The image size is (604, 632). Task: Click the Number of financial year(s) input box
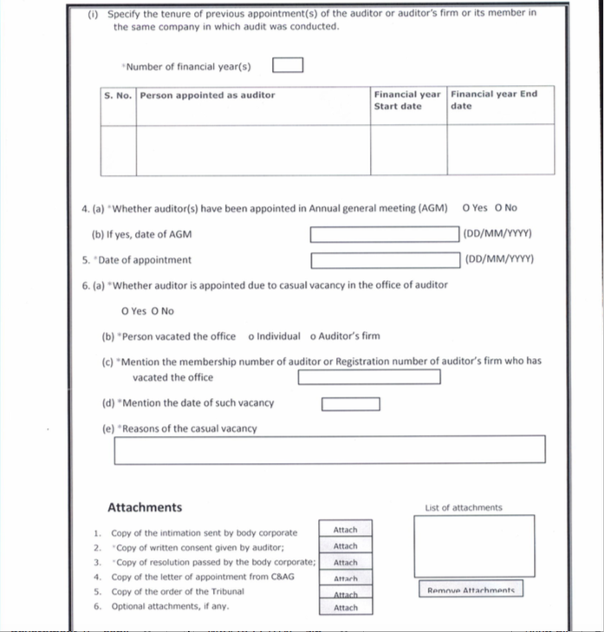click(x=288, y=66)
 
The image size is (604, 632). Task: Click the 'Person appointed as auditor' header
click(x=208, y=95)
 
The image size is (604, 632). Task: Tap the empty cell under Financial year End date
click(x=501, y=150)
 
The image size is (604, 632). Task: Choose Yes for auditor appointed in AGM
click(x=468, y=208)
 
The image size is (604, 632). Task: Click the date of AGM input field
click(x=385, y=234)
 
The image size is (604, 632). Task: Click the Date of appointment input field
click(x=385, y=260)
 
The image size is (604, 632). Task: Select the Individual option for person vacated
click(x=251, y=336)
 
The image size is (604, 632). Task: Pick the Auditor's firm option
click(x=313, y=336)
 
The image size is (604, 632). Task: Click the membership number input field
click(x=369, y=377)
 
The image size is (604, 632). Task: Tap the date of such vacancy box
click(x=351, y=404)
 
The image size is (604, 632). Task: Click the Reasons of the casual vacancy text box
click(x=330, y=449)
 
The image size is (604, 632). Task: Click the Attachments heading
click(x=145, y=508)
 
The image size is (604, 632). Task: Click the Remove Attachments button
click(x=471, y=590)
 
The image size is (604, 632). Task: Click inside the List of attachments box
click(x=473, y=545)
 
